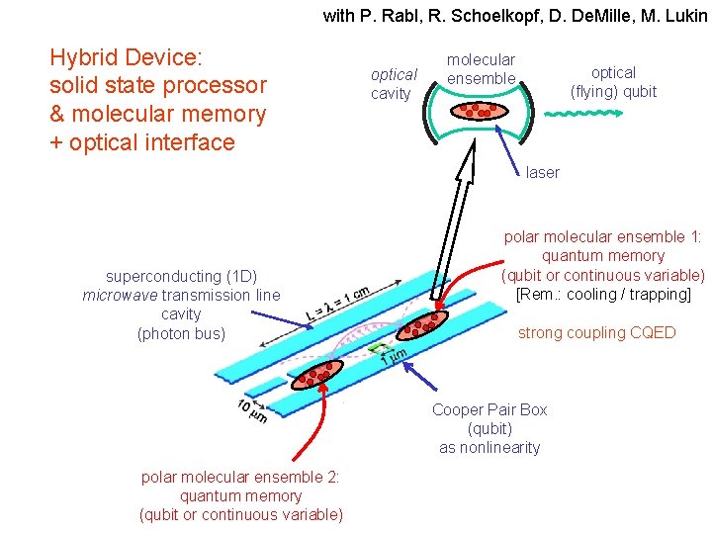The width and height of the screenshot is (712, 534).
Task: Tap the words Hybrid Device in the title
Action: [x=125, y=56]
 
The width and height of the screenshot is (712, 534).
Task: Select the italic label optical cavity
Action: [x=393, y=84]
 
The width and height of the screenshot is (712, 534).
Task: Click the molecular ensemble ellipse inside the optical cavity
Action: [x=481, y=109]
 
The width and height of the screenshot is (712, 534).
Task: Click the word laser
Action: [x=542, y=173]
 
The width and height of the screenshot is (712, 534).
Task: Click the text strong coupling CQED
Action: [x=596, y=333]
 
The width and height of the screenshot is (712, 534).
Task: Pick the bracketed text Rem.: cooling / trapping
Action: [x=603, y=294]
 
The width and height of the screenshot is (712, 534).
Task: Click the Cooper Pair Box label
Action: [x=489, y=409]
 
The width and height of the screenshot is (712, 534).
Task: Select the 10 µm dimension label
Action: [x=251, y=410]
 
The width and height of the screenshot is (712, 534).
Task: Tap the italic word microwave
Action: [x=120, y=295]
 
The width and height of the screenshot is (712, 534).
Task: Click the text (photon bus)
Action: [x=181, y=333]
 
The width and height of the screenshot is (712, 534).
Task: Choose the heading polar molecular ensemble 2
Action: [x=241, y=477]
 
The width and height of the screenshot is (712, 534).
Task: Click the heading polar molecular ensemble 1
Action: [x=602, y=237]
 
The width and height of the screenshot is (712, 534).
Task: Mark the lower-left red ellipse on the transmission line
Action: [x=318, y=374]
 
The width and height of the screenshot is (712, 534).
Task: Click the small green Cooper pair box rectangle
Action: [x=377, y=348]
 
